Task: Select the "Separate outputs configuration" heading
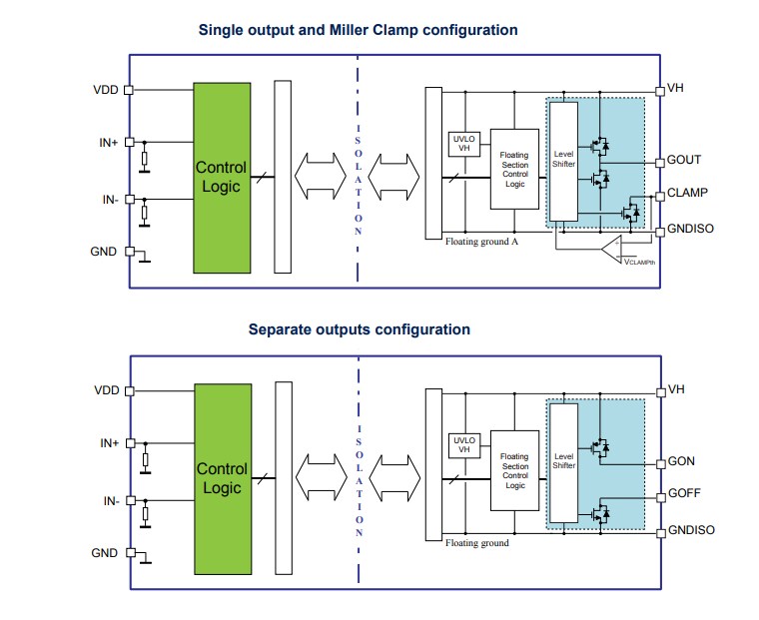(x=359, y=329)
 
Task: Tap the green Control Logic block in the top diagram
(x=221, y=177)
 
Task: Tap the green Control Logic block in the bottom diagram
(x=221, y=477)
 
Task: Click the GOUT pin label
(x=683, y=161)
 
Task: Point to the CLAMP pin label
(x=686, y=194)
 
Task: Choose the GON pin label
(x=680, y=462)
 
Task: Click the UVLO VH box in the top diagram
(x=463, y=143)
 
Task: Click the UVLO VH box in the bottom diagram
(x=463, y=443)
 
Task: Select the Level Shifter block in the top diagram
(x=564, y=161)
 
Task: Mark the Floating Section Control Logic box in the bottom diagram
(x=514, y=469)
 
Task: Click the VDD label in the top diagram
(x=105, y=90)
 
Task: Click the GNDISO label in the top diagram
(x=690, y=230)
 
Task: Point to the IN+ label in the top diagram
(x=108, y=143)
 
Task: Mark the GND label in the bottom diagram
(x=105, y=553)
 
